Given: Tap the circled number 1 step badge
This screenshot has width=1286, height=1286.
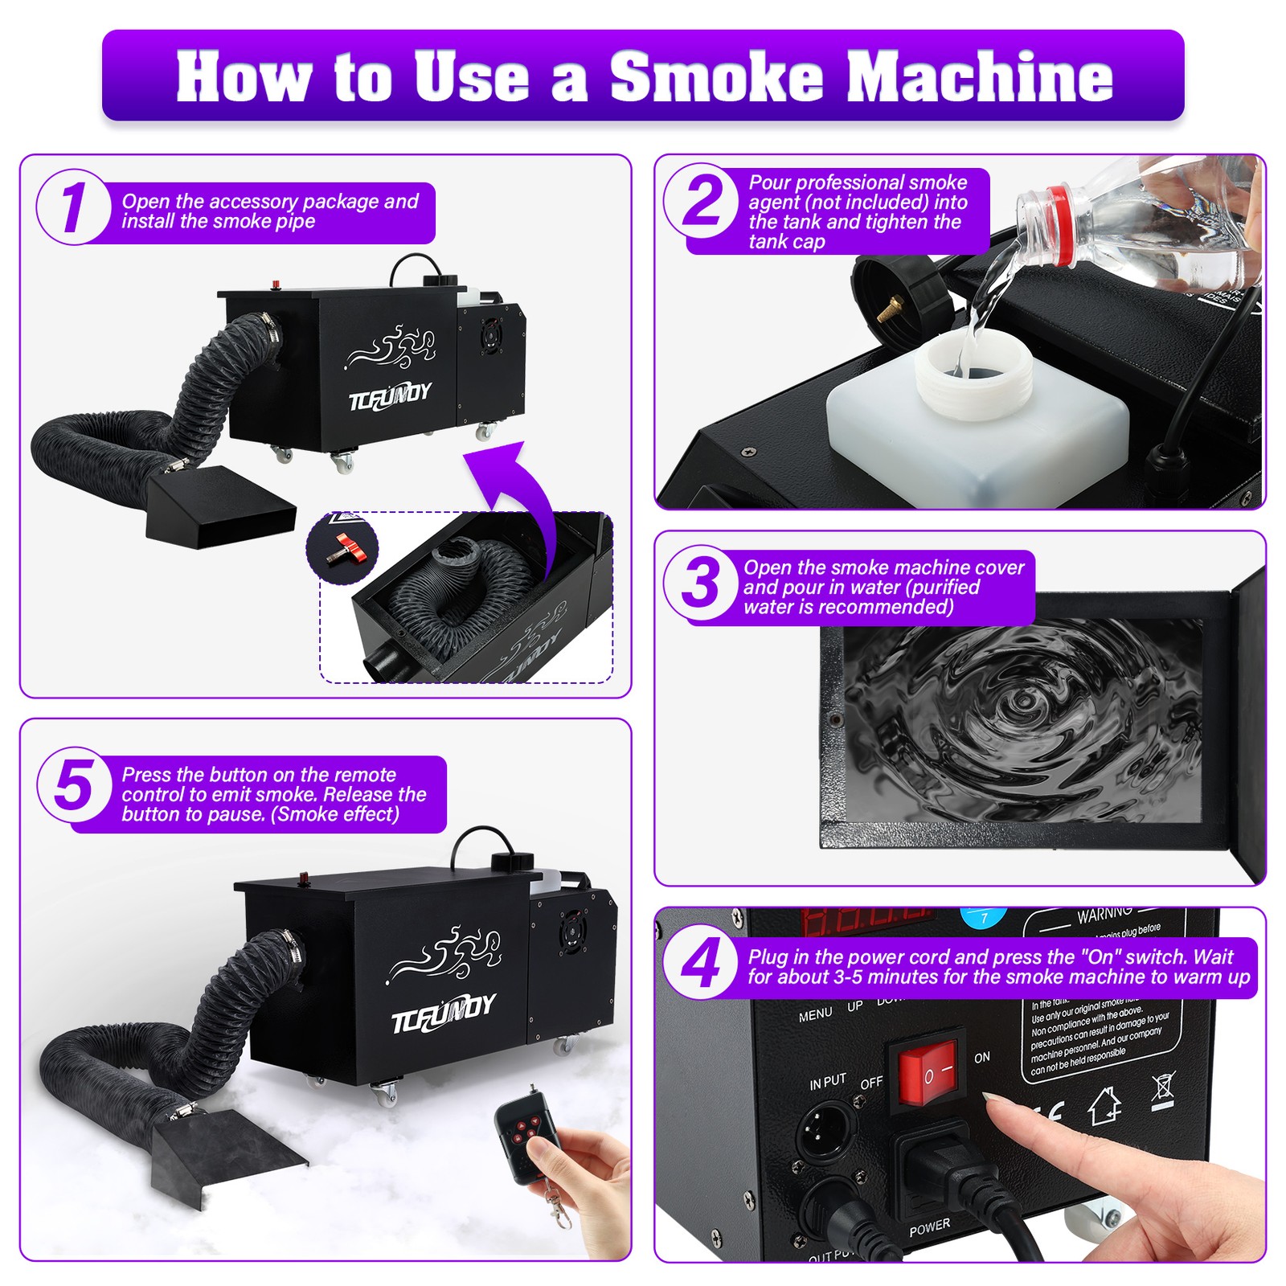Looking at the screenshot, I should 73,207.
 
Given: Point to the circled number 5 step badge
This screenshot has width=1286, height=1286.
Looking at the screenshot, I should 74,786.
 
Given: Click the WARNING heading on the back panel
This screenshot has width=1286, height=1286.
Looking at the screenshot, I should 1105,915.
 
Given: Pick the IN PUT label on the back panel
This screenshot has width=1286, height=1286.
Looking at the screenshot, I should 827,1083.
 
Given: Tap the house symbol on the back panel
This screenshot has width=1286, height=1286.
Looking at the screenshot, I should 1105,1107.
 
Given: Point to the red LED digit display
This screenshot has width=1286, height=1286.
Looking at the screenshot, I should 864,922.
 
